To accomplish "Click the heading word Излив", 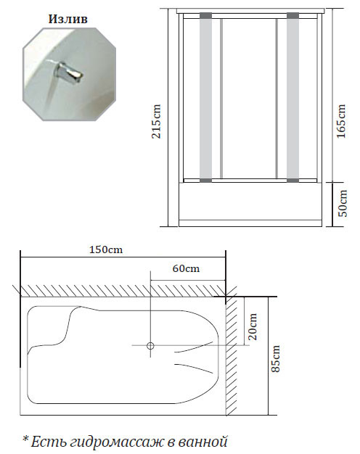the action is [x=67, y=19].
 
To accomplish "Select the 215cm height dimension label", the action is [x=156, y=121].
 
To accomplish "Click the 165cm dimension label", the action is [x=341, y=121].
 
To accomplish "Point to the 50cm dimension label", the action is [x=343, y=203].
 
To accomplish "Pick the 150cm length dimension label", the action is [x=106, y=249].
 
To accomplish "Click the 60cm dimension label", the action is [x=186, y=268].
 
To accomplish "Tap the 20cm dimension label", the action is [x=253, y=326].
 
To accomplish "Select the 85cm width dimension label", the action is [x=276, y=358].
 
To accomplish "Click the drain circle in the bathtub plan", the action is [x=150, y=345].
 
